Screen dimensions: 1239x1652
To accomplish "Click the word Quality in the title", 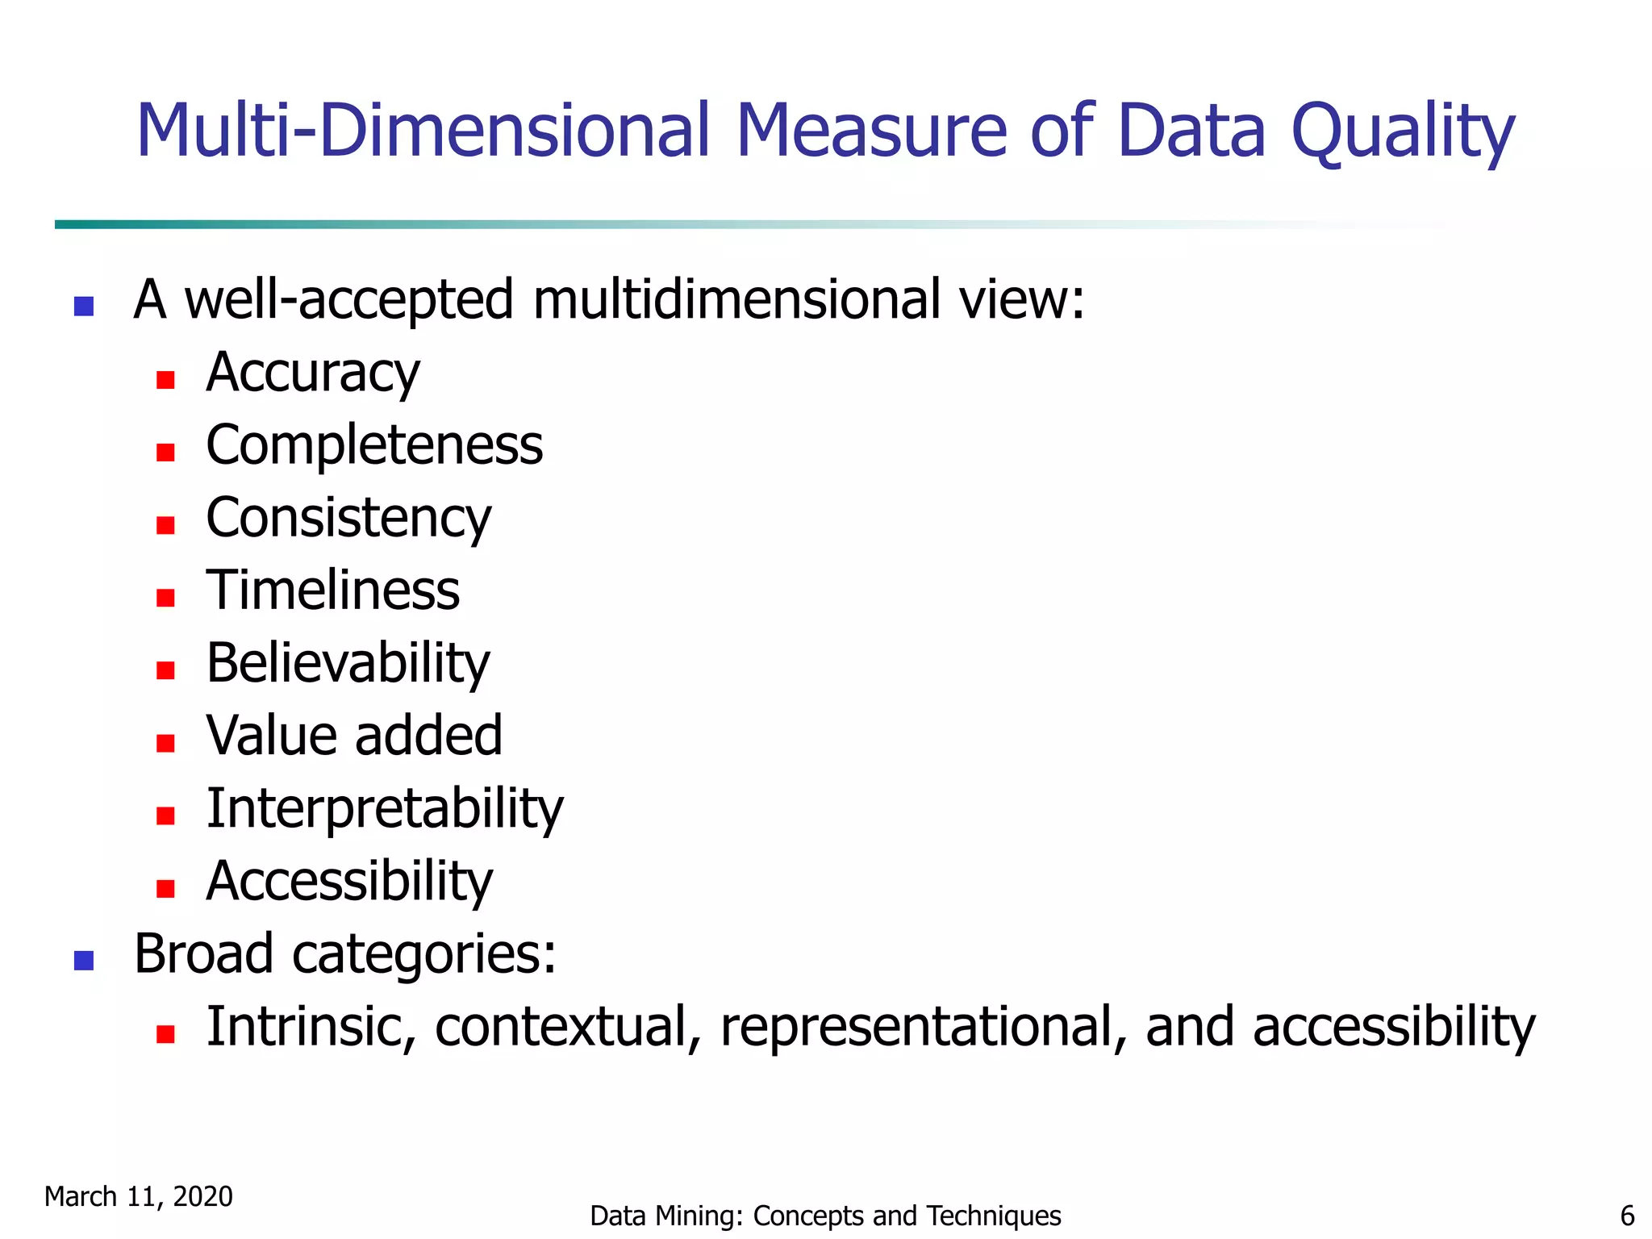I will coord(1403,132).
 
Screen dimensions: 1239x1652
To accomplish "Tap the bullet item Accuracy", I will coord(313,373).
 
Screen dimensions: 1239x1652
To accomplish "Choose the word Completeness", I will coord(374,445).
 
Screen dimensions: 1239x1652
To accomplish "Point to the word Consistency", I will coord(348,518).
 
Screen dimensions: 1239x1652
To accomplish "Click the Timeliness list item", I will coord(332,590).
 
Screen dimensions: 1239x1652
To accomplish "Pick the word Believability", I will coord(348,663).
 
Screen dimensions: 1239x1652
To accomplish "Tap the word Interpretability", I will coord(385,808).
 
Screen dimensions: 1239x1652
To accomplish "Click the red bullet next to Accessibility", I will coord(165,888).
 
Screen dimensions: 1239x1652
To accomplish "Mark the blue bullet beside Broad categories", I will coord(84,960).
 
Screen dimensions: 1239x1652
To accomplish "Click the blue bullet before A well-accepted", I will coord(84,307).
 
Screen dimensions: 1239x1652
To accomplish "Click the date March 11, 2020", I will coord(138,1197).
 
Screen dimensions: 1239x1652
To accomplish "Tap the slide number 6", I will coord(1627,1216).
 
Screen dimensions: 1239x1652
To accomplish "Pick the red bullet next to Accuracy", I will coord(165,380).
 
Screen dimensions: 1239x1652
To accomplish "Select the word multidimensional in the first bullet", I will coord(736,300).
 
